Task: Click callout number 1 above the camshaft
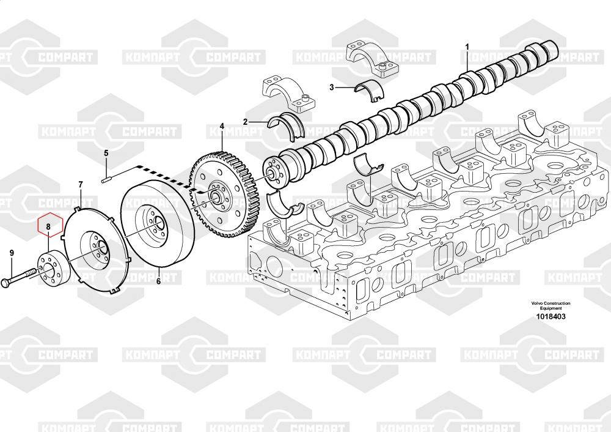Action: pos(467,47)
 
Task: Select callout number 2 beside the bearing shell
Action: pos(245,122)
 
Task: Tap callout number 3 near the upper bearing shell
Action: pos(332,88)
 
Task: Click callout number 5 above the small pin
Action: pos(106,153)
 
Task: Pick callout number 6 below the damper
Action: pos(158,281)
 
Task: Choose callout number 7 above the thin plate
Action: pos(81,184)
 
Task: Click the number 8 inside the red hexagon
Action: pos(49,226)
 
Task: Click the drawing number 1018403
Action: pos(551,316)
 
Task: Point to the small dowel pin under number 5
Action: pos(106,179)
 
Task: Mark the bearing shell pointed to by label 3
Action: pos(372,88)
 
